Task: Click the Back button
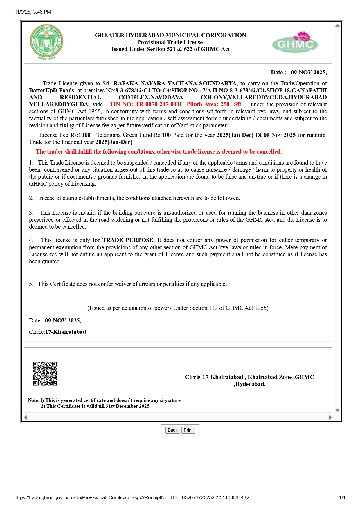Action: (x=172, y=430)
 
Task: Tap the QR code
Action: (x=45, y=374)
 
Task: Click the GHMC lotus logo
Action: (x=295, y=42)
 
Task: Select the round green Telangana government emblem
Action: (x=46, y=41)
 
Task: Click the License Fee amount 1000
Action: (x=84, y=135)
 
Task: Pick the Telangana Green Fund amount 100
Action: (x=166, y=135)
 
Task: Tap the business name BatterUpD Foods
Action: (x=51, y=91)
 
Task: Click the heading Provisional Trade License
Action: (x=170, y=42)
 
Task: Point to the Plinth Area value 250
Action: (x=225, y=104)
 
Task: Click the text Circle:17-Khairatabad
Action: (x=57, y=332)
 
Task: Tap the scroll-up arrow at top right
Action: (x=337, y=26)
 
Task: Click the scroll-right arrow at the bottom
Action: (x=330, y=418)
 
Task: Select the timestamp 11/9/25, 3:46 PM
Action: (x=33, y=12)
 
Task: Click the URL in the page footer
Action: (x=132, y=497)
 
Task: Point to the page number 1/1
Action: (x=342, y=497)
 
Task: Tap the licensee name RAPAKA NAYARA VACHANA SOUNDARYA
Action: (x=175, y=84)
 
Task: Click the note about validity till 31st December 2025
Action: (x=95, y=406)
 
